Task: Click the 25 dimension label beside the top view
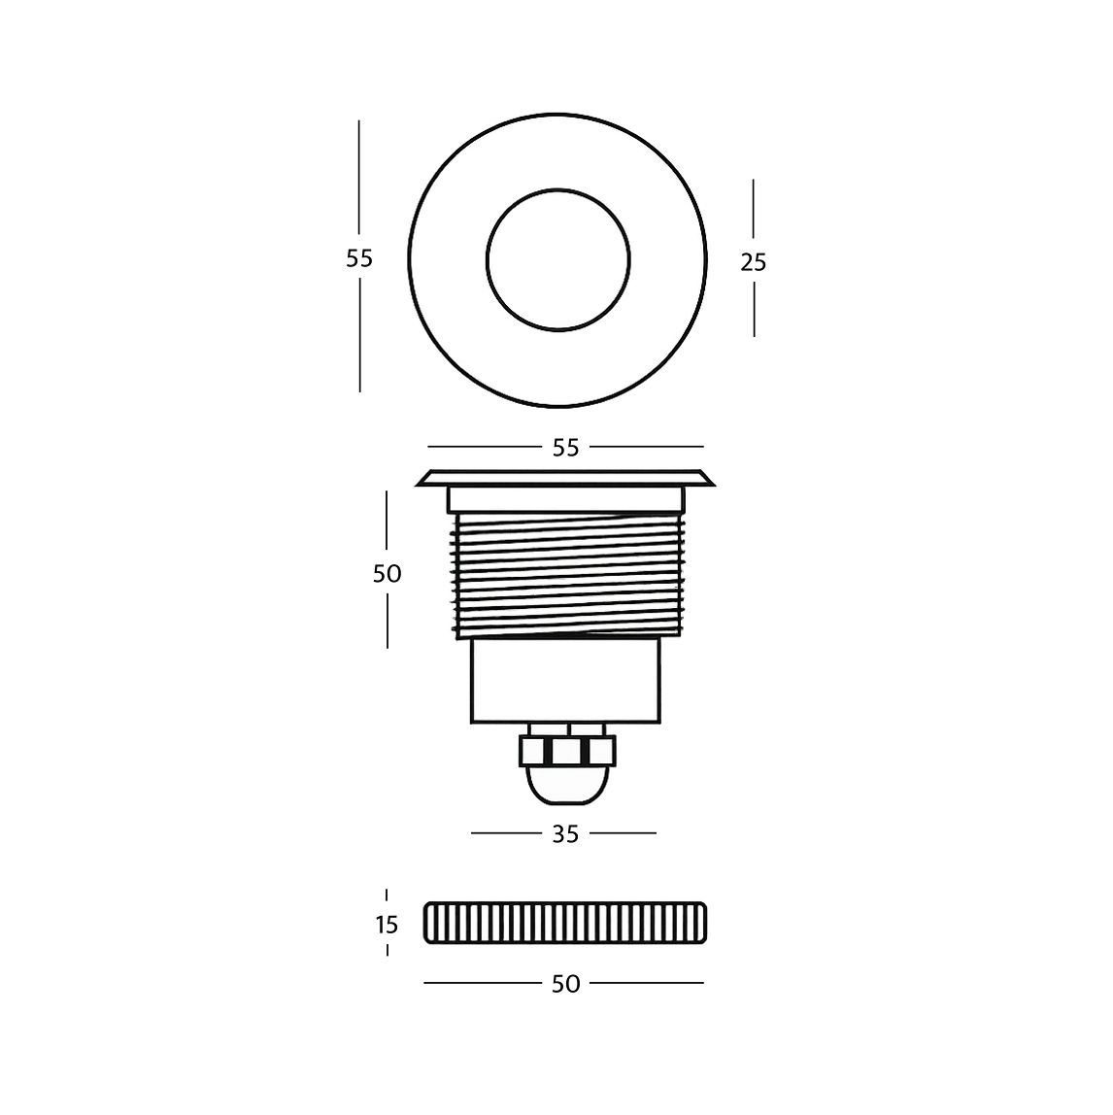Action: [x=753, y=262]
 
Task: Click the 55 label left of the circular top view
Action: [x=359, y=259]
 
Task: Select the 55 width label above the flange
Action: [x=565, y=448]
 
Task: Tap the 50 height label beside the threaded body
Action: [x=387, y=574]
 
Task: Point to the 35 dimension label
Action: [x=565, y=833]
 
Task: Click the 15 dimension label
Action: [x=387, y=925]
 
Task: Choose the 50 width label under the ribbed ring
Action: [x=565, y=984]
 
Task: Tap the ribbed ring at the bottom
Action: [x=566, y=923]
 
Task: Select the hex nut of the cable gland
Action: [x=567, y=750]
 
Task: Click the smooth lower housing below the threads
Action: [x=565, y=680]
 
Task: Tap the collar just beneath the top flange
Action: [x=565, y=499]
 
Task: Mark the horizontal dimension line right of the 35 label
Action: [x=624, y=832]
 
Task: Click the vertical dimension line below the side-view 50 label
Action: [x=387, y=620]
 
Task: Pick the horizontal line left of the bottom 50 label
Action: [x=482, y=983]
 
